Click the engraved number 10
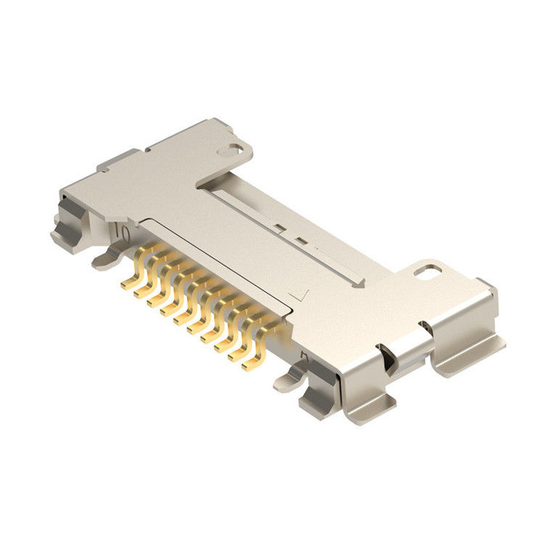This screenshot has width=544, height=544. [x=122, y=234]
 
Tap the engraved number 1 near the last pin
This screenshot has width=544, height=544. [x=305, y=358]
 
